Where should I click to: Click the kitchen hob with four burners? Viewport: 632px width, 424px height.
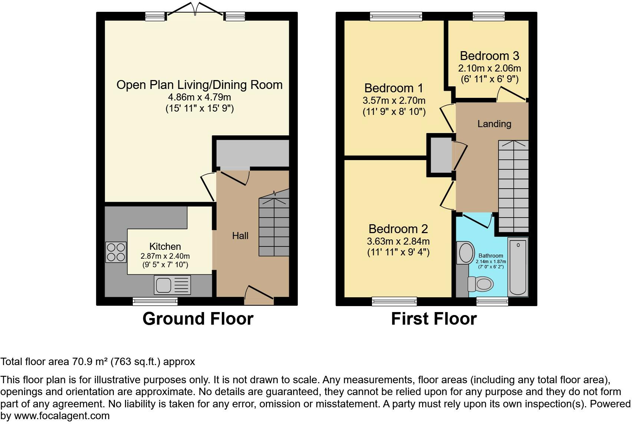click(x=116, y=252)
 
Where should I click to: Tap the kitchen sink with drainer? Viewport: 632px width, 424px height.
click(x=172, y=285)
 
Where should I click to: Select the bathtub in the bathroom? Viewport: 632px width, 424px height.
click(x=518, y=267)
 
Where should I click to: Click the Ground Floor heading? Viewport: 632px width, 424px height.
click(x=198, y=319)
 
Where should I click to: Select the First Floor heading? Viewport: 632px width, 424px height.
click(x=434, y=319)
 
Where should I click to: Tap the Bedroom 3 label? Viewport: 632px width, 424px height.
click(x=490, y=56)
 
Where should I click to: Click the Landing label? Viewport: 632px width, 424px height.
click(x=494, y=124)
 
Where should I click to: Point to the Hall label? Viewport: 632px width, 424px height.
click(x=240, y=236)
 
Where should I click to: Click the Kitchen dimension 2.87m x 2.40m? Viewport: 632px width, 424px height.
click(x=165, y=256)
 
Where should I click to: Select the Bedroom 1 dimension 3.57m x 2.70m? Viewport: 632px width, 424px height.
click(x=394, y=100)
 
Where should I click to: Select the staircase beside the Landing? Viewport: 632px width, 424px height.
click(x=513, y=186)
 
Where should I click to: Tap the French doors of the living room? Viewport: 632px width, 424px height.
click(x=195, y=10)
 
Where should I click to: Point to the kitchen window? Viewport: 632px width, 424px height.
click(x=155, y=302)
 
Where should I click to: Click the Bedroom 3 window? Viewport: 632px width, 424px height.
click(x=489, y=16)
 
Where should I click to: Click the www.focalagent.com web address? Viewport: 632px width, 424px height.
click(x=62, y=416)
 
